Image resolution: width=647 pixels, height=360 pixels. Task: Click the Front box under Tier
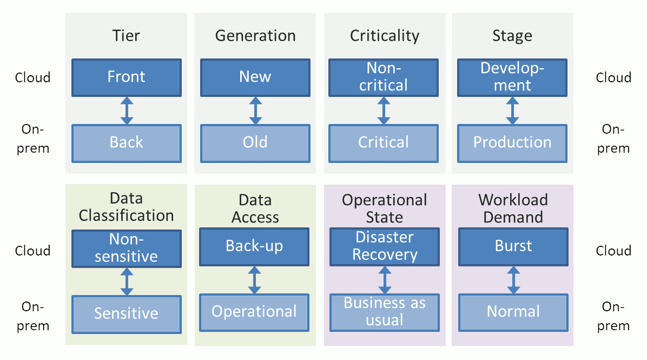tap(127, 77)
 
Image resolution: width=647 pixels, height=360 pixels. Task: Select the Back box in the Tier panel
tap(127, 143)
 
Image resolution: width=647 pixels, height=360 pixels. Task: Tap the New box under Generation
tap(255, 77)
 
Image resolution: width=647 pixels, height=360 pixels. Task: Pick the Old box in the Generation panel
tap(255, 143)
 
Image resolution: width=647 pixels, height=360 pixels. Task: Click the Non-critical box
tap(384, 77)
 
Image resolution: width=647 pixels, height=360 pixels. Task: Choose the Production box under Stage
tap(512, 143)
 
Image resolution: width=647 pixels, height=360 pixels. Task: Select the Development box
tap(512, 77)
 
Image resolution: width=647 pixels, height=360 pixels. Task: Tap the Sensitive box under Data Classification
tap(127, 313)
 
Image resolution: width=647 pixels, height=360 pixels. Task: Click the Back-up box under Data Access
tap(254, 246)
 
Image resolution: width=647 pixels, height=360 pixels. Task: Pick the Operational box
tap(254, 312)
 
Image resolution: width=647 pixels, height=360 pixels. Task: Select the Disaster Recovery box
tap(385, 246)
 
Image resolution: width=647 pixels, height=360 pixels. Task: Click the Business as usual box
tap(385, 312)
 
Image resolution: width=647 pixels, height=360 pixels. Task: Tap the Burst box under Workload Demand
tap(513, 246)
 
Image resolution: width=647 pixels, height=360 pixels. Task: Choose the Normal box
tap(513, 312)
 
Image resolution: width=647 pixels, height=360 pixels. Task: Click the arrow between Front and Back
tap(127, 110)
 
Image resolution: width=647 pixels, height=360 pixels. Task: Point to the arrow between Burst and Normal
tap(513, 279)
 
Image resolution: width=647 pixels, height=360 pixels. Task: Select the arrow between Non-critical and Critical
tap(384, 110)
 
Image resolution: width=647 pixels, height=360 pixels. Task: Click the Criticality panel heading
tap(385, 36)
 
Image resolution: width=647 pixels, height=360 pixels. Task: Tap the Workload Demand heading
tap(513, 208)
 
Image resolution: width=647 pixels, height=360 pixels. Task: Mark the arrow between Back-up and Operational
tap(254, 279)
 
